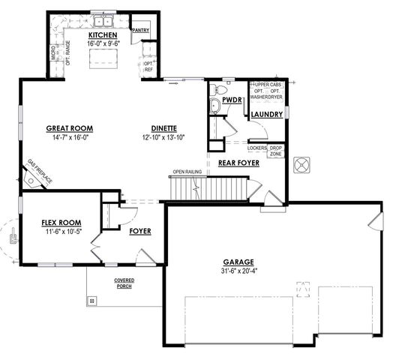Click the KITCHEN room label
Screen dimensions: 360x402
pos(103,35)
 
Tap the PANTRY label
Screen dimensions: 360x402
pos(140,31)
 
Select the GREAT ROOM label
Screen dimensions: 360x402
pos(69,128)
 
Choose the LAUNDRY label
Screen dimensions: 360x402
pos(267,115)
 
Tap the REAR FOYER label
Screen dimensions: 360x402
pos(238,162)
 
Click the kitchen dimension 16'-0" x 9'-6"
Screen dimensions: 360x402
pos(103,44)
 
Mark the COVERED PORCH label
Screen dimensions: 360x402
pos(124,283)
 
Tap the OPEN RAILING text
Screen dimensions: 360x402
pos(187,172)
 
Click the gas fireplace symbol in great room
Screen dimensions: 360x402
pos(31,180)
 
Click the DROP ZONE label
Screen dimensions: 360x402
pos(275,150)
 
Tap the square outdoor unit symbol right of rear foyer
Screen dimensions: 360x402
pos(303,164)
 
